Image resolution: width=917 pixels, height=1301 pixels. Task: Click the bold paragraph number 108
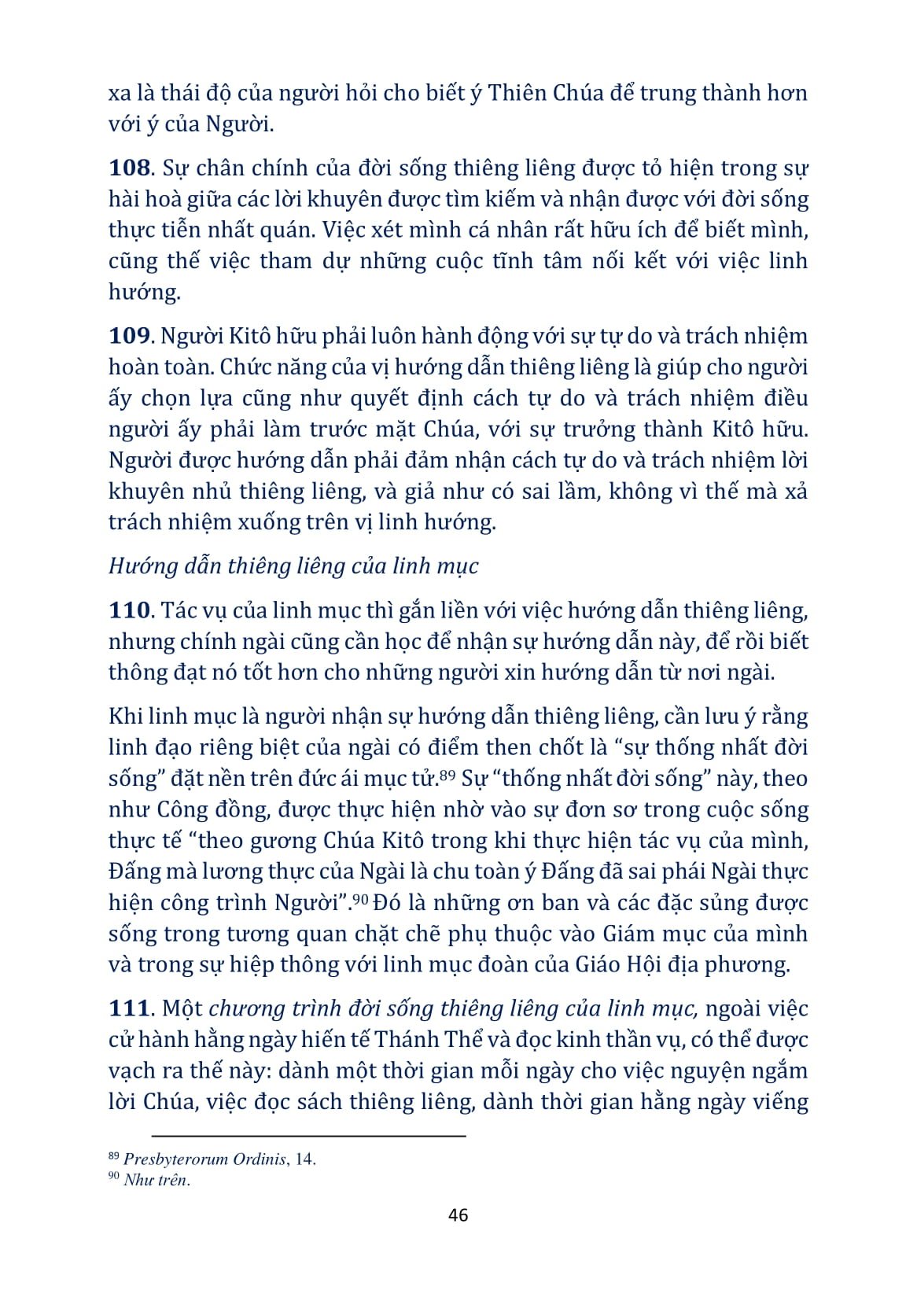[128, 168]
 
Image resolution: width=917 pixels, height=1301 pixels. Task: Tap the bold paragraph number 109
[128, 336]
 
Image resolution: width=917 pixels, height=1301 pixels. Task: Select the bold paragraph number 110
[128, 610]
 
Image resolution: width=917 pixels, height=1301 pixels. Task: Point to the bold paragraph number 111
[128, 1008]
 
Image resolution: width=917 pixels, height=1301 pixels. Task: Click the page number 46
[458, 1214]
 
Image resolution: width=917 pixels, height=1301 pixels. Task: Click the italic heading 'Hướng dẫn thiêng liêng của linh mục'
[293, 566]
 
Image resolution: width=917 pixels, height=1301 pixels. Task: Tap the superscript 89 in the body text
[447, 774]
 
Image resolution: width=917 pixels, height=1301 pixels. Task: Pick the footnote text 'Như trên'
[156, 1180]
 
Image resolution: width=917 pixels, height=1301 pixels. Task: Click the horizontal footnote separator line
[308, 1136]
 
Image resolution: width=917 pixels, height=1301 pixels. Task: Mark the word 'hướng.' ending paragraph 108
[145, 292]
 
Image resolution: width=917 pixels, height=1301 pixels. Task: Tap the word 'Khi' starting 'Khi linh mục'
[124, 717]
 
